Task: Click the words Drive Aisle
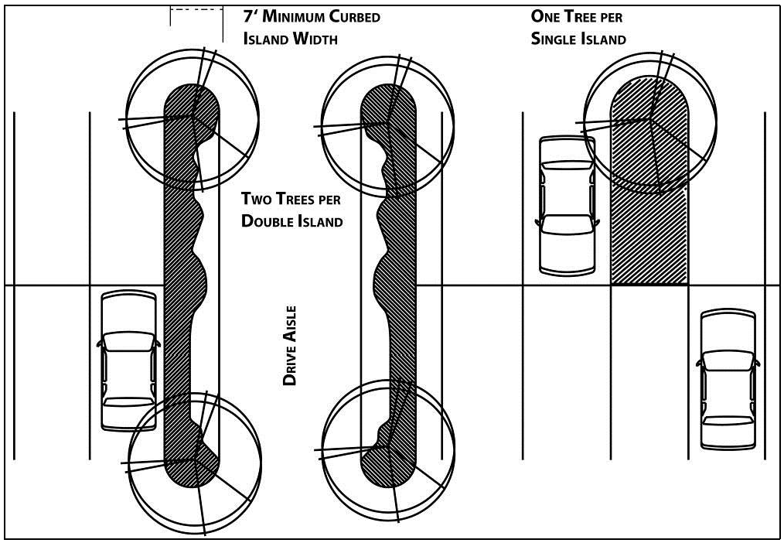click(x=290, y=346)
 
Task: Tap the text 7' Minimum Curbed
click(x=312, y=16)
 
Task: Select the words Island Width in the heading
click(x=290, y=39)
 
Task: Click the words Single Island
click(x=578, y=39)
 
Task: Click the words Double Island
click(x=291, y=221)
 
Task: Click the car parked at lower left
click(x=128, y=360)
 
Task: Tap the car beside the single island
click(x=567, y=205)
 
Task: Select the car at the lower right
click(x=727, y=379)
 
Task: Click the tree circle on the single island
click(x=648, y=121)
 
